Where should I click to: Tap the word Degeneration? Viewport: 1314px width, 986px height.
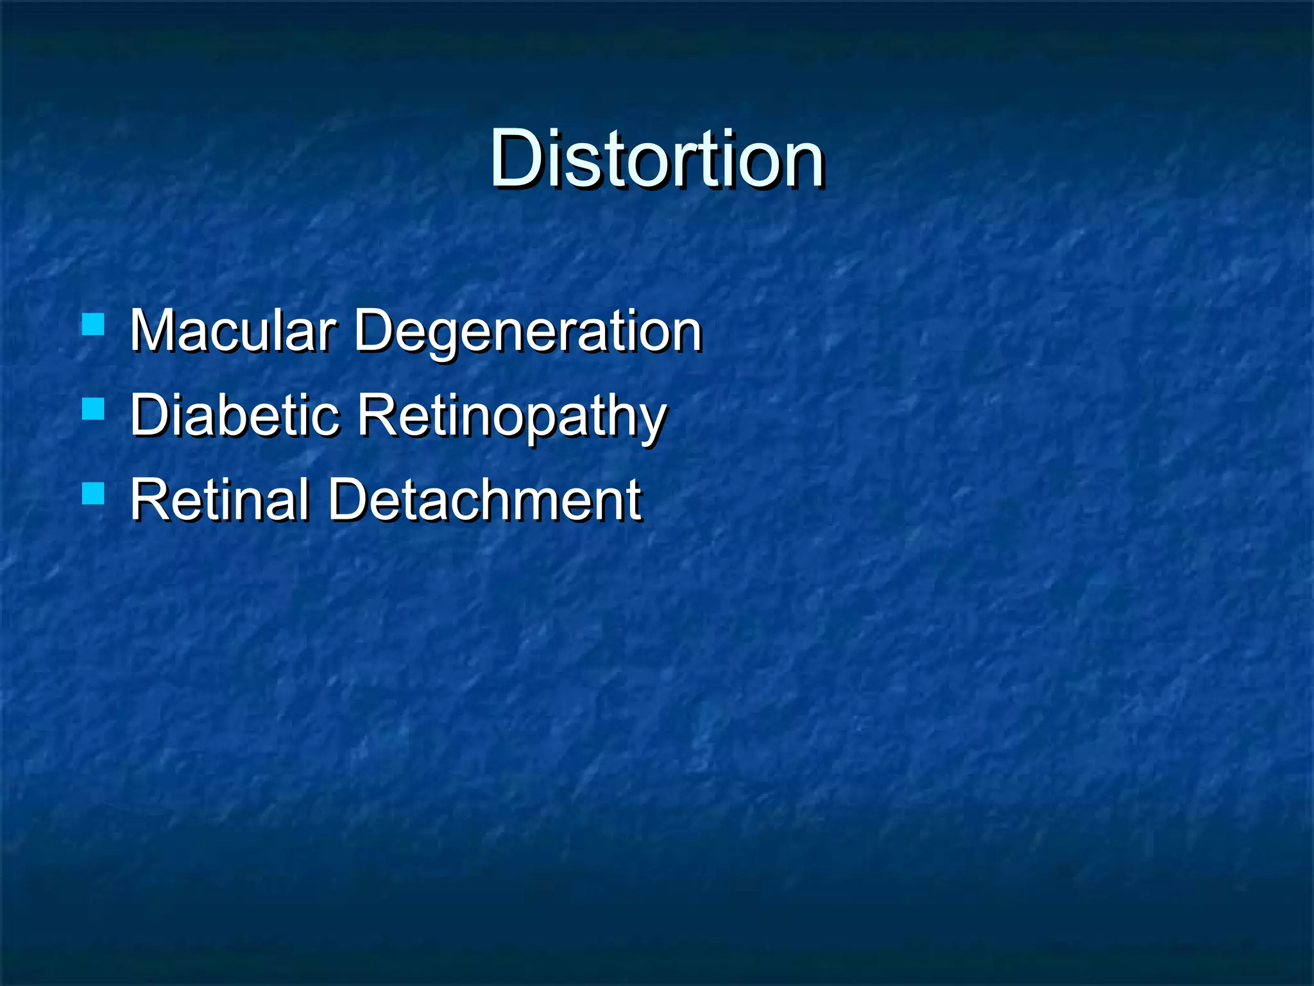pyautogui.click(x=527, y=332)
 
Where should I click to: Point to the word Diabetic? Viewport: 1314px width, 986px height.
pyautogui.click(x=234, y=415)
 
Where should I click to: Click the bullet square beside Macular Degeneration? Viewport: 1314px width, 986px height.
pyautogui.click(x=94, y=324)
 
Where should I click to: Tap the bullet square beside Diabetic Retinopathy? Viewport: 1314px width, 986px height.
pyautogui.click(x=94, y=408)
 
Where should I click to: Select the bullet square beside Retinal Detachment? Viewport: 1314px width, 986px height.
pyautogui.click(x=94, y=493)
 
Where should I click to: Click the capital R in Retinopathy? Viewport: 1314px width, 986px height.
pyautogui.click(x=379, y=415)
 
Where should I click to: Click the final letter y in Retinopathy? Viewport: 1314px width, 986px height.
pyautogui.click(x=652, y=424)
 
